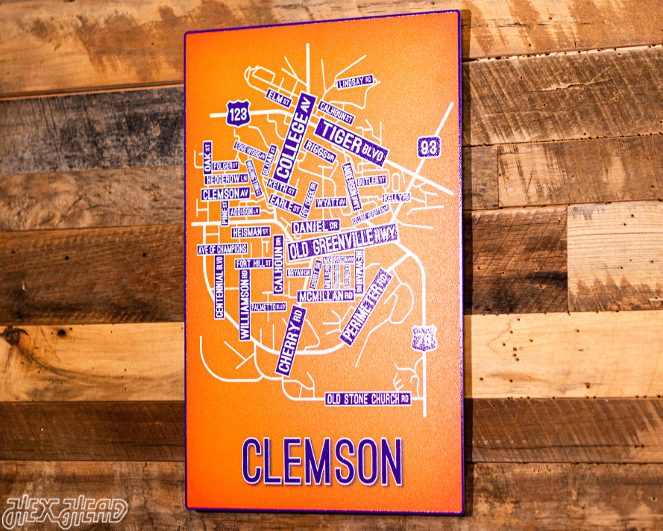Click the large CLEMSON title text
coord(322,460)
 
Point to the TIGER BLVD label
coord(351,140)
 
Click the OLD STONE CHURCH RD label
coord(368,399)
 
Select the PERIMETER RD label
coord(366,307)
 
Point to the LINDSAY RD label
coord(354,82)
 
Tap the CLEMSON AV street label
coord(224,193)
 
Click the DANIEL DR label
coord(315,226)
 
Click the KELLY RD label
coord(396,198)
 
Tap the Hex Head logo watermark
coord(65,511)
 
